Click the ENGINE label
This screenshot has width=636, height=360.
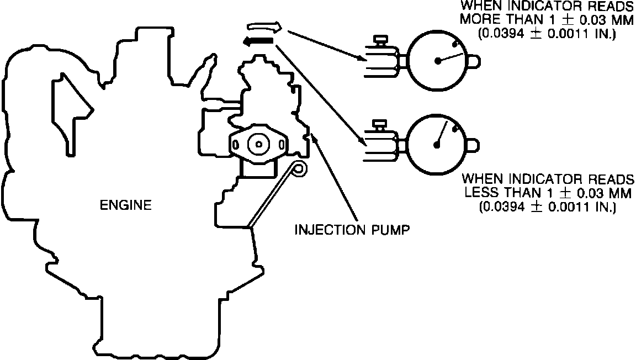[x=125, y=205]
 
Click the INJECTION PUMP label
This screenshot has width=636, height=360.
[x=352, y=229]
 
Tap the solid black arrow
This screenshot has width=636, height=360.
[x=258, y=40]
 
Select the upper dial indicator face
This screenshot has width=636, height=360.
[x=438, y=61]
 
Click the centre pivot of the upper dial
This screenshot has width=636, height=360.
[x=438, y=61]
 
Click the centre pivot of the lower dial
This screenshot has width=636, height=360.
[x=437, y=145]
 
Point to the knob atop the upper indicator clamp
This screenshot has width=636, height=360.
[x=379, y=40]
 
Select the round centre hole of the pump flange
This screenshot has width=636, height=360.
[x=258, y=144]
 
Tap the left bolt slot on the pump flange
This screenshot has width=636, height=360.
[x=236, y=145]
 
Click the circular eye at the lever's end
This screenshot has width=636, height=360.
[x=299, y=168]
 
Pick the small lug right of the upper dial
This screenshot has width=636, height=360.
[x=475, y=61]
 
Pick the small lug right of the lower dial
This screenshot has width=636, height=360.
[x=473, y=145]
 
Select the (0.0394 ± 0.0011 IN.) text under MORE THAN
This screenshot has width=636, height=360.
[x=547, y=34]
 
